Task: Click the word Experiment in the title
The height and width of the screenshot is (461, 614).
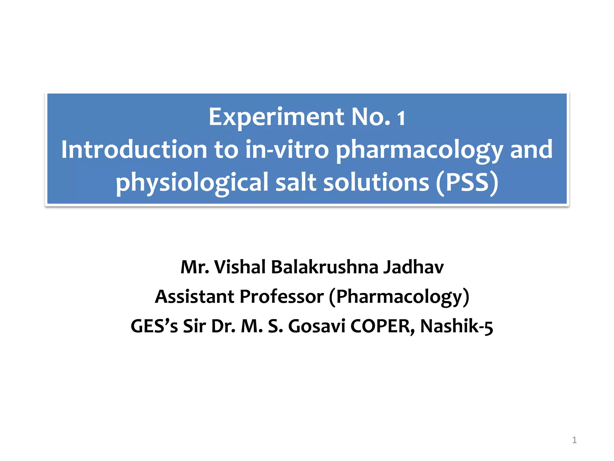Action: [276, 117]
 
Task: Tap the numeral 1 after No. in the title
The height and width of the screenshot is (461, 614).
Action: [401, 118]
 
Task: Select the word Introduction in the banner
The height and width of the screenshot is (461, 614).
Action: [134, 149]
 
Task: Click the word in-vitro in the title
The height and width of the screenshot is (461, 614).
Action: [287, 149]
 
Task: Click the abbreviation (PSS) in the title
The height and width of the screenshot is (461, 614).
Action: [467, 182]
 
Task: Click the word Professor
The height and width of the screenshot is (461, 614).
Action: [282, 297]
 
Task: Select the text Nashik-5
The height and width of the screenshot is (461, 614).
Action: [456, 326]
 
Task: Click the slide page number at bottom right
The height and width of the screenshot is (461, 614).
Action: [574, 440]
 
